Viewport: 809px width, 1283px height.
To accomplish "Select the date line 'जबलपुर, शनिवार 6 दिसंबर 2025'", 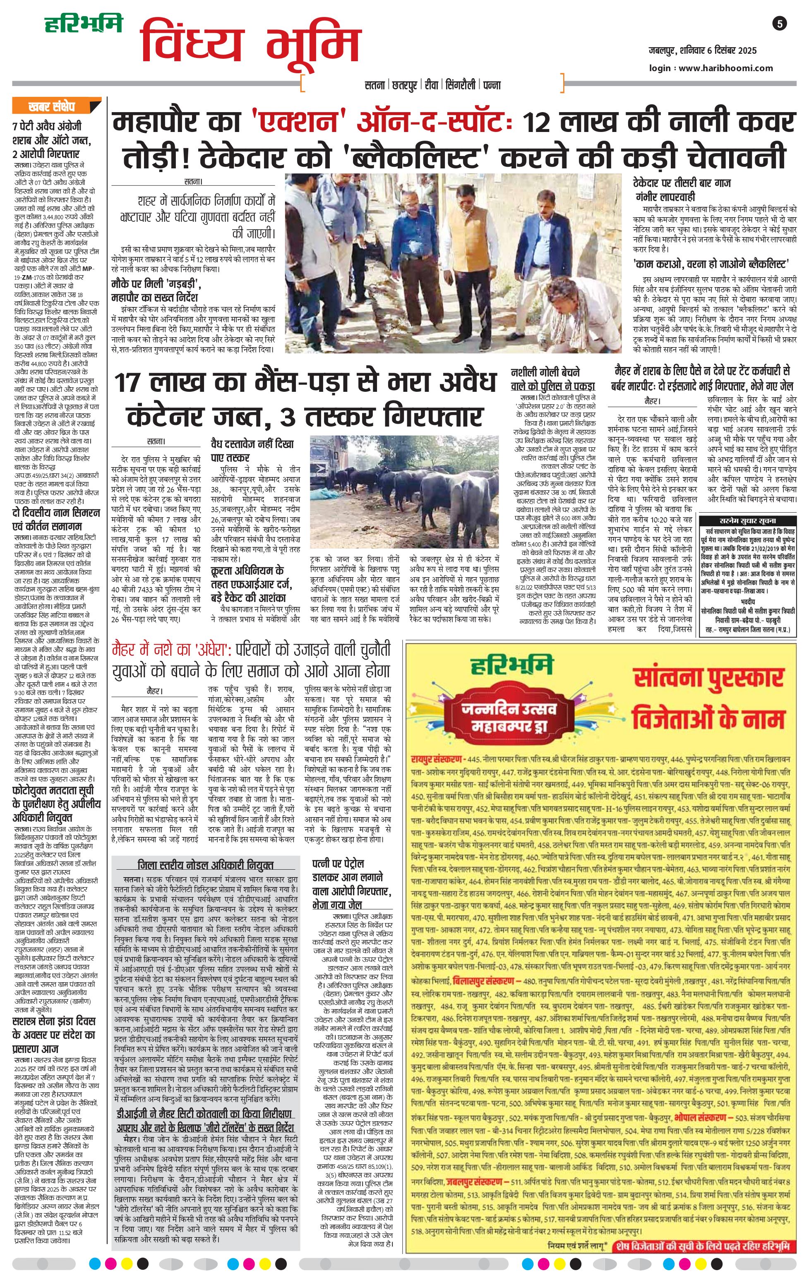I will point(702,50).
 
